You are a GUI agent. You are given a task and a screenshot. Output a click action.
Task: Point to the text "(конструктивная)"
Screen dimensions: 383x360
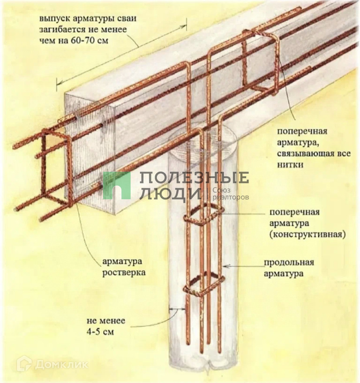click(307, 234)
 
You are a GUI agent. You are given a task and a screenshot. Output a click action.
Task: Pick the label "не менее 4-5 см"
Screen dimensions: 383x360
click(106, 327)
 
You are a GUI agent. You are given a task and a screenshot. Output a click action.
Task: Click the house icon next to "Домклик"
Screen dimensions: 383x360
click(24, 363)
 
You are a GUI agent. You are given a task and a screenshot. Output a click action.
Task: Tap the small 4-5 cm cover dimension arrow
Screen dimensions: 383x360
click(177, 309)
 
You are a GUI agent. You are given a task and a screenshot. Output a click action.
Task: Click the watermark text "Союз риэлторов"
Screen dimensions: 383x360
click(230, 194)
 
